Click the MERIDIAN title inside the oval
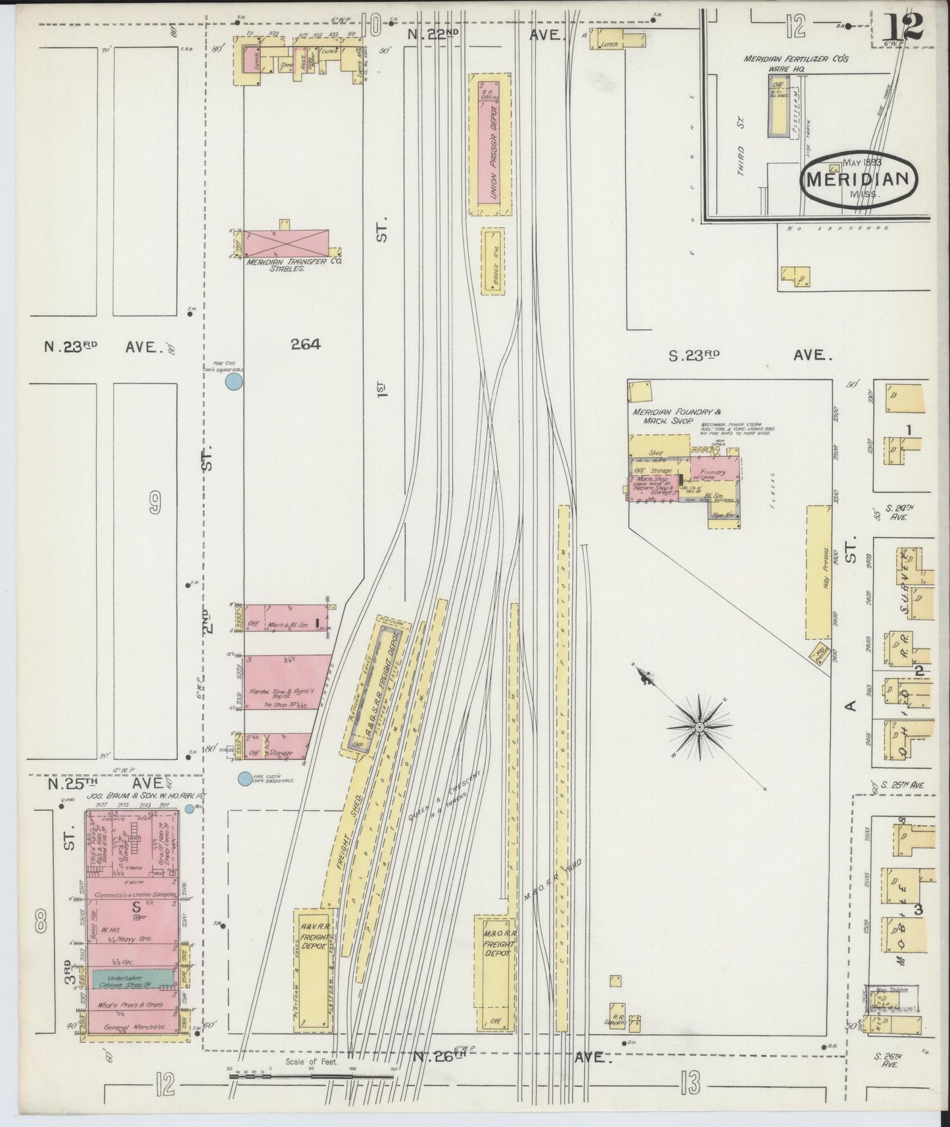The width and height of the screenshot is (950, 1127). pyautogui.click(x=858, y=179)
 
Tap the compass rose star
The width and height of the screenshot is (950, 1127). pyautogui.click(x=700, y=727)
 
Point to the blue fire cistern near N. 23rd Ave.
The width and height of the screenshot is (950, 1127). pyautogui.click(x=235, y=381)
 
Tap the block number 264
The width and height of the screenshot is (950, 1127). pyautogui.click(x=305, y=344)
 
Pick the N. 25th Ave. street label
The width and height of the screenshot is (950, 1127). pyautogui.click(x=105, y=784)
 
